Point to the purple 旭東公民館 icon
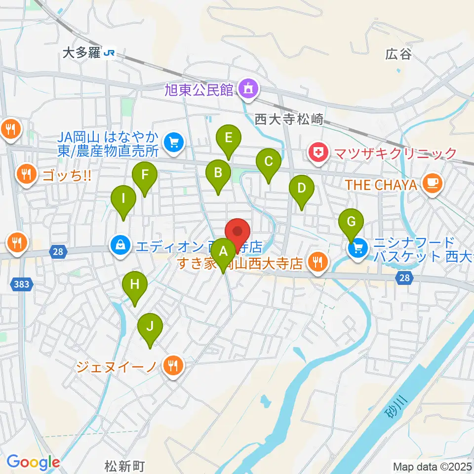(x=246, y=89)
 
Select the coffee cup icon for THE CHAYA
(x=433, y=184)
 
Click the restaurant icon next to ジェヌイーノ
(x=172, y=366)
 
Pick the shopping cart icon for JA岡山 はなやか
(x=173, y=143)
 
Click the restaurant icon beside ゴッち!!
(x=25, y=174)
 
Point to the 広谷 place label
(x=398, y=54)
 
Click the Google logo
(x=33, y=462)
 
